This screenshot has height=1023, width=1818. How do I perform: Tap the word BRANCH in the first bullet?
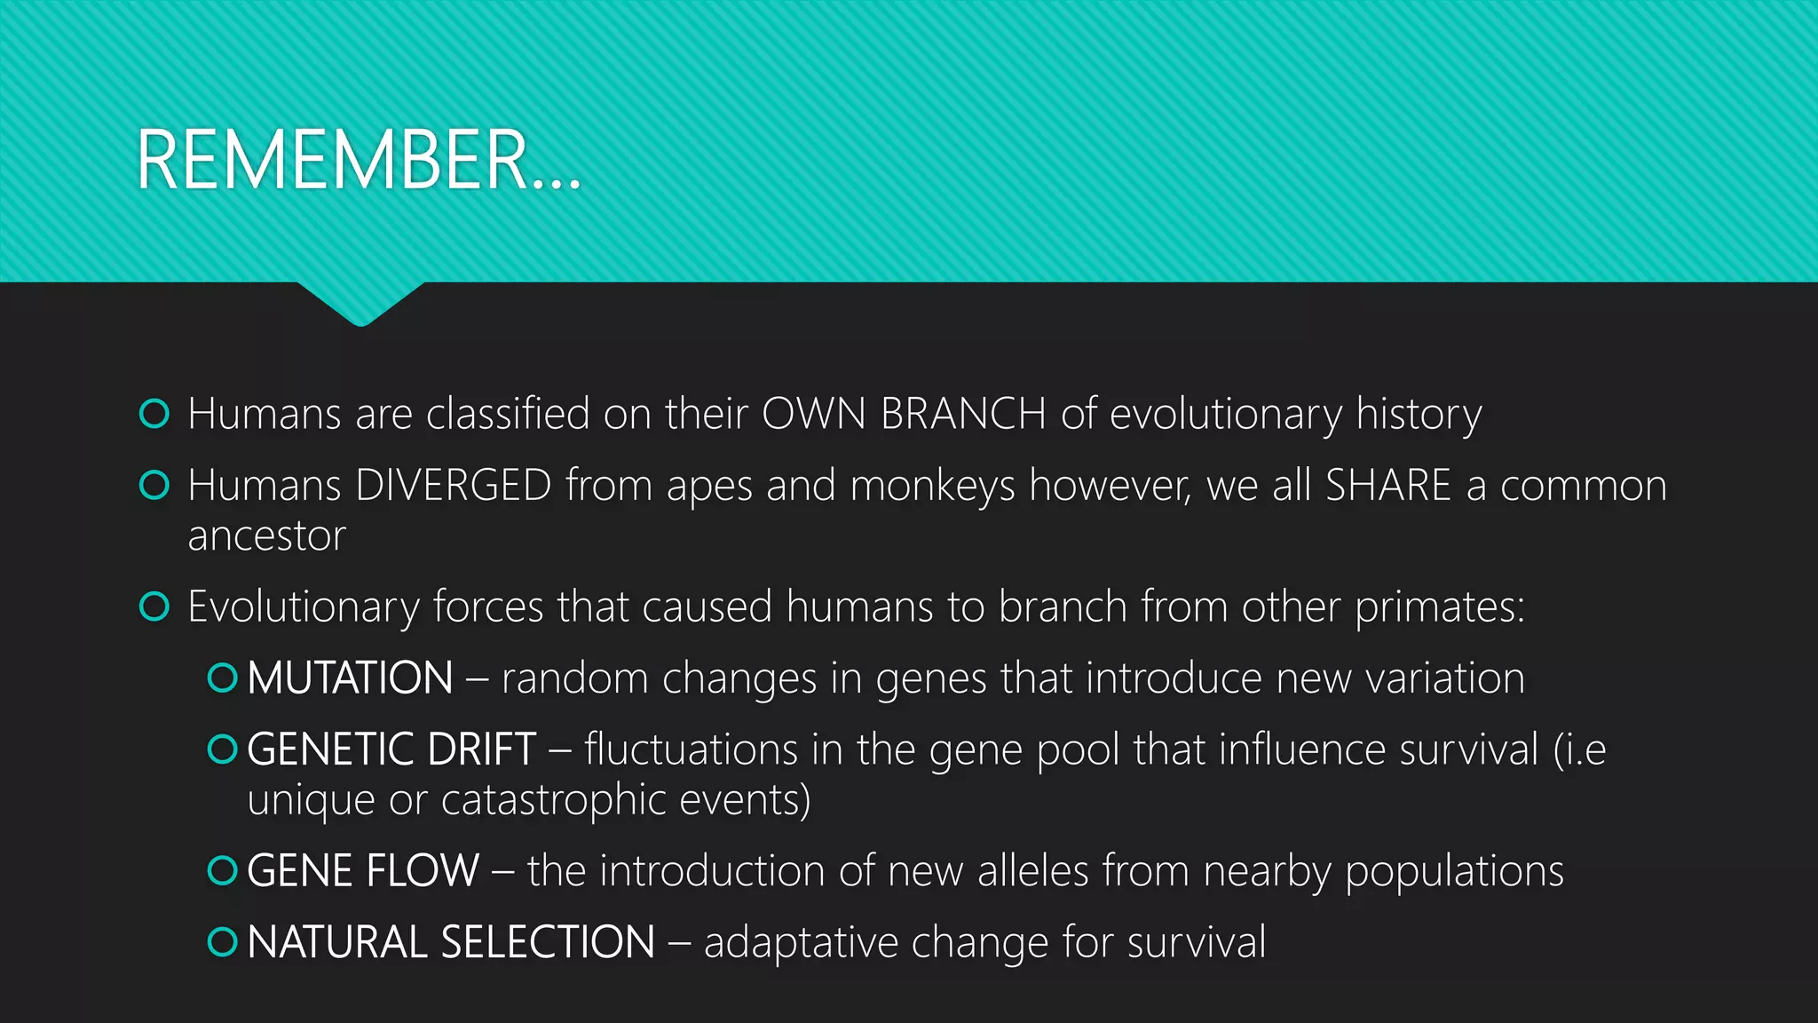[963, 414]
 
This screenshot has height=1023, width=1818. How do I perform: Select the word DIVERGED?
[454, 486]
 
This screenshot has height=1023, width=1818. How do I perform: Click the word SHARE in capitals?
[1387, 486]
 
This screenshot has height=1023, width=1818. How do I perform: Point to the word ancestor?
[266, 535]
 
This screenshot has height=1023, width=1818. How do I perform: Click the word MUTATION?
[351, 678]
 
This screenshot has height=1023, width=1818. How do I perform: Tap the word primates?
[1438, 607]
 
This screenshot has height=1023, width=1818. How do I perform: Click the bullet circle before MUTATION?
[222, 678]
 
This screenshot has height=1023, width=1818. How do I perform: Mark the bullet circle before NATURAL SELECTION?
[222, 942]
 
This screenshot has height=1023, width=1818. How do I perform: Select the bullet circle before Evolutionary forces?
[154, 607]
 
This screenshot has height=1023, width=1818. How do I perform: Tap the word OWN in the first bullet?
[813, 414]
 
